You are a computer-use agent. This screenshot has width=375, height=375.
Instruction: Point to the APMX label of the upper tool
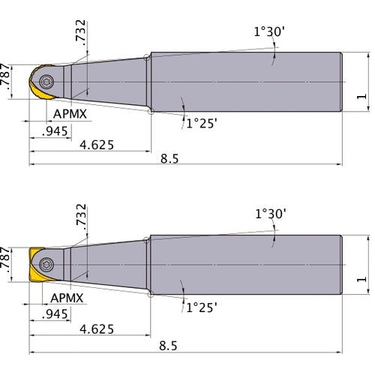(69, 115)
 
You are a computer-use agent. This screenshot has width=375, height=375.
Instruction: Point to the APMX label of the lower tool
(69, 298)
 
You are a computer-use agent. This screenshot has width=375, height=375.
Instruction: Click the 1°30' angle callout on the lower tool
(271, 214)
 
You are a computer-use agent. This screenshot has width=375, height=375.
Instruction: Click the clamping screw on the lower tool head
(47, 263)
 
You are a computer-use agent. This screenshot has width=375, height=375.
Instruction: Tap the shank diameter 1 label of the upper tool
(363, 96)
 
